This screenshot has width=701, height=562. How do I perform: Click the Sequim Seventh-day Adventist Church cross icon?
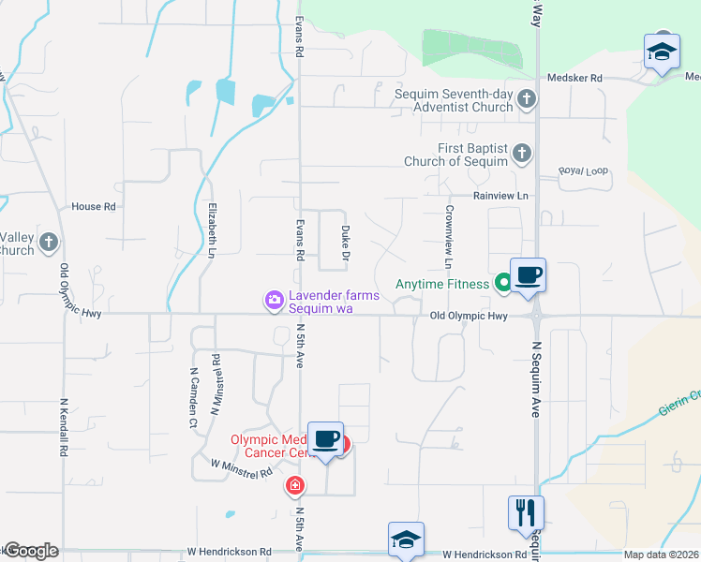coord(527,97)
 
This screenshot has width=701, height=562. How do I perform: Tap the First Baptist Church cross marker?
coord(522,152)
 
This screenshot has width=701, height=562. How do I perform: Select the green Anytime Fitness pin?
coord(502,280)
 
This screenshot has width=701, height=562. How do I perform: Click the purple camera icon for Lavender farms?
coord(274,300)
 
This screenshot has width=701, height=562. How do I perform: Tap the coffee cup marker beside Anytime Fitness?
coord(529,275)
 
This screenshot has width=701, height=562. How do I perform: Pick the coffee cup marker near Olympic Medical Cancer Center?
coord(325,439)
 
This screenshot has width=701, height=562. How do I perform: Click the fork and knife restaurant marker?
coord(525,512)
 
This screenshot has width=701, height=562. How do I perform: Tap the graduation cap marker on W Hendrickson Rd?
coord(406,540)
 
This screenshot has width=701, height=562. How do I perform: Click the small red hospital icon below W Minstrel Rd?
coord(295,484)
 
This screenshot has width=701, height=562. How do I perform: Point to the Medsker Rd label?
coord(574,79)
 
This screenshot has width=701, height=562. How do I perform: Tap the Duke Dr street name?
coord(346,242)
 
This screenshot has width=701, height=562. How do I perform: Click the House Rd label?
coord(94,206)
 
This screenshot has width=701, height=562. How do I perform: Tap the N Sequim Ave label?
coord(537,378)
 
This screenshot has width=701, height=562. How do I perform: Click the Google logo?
coord(32,551)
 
